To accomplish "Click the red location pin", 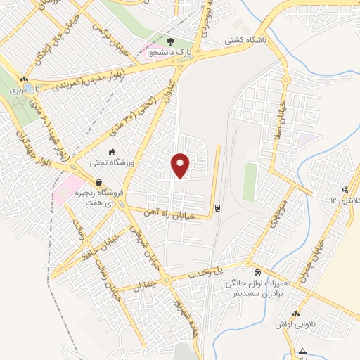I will [181, 165].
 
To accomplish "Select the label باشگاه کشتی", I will [244, 41].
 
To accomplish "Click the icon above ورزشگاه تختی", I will [111, 152].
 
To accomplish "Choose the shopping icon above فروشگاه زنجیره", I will [108, 182].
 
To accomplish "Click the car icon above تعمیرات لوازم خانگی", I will [257, 272].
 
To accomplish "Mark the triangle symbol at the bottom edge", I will [302, 351].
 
